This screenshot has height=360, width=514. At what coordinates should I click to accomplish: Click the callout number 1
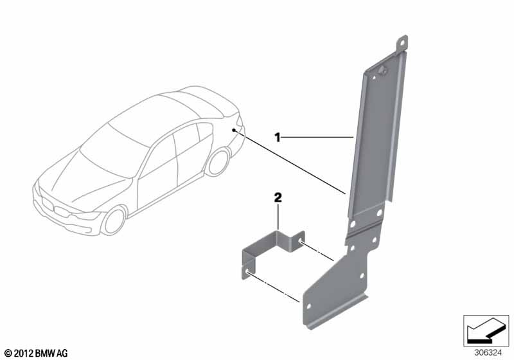278,138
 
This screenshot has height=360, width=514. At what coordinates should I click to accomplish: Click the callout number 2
278,198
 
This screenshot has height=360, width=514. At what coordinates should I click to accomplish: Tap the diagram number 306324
488,353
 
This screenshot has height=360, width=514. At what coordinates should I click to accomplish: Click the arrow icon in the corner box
486,330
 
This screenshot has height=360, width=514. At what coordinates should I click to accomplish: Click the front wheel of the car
114,221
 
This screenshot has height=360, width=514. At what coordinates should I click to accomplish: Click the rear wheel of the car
217,162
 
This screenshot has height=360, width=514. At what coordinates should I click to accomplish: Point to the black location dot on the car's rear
234,130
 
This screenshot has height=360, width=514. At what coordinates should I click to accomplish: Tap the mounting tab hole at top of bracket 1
402,42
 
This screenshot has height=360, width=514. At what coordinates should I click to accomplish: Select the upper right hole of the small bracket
300,242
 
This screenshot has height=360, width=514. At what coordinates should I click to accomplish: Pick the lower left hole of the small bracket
247,271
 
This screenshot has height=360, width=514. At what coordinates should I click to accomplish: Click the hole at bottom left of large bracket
308,305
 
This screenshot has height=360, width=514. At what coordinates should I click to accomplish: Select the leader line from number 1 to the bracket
317,137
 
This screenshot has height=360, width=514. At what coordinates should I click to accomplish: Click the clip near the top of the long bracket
382,70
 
